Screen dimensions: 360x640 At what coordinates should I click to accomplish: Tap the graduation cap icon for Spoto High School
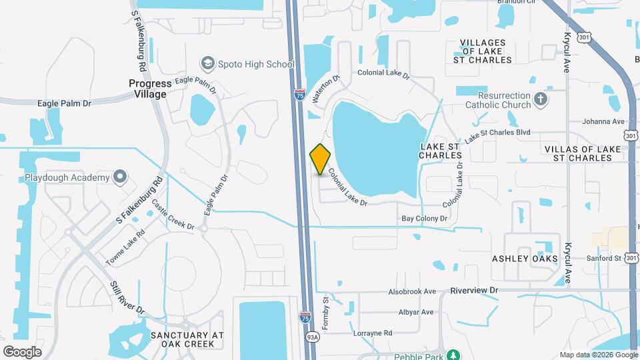tap(207, 64)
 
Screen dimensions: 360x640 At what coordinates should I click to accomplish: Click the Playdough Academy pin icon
tap(120, 177)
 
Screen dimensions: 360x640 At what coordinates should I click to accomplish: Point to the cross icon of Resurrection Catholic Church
tap(541, 100)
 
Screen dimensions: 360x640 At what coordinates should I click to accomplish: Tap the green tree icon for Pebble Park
tap(453, 355)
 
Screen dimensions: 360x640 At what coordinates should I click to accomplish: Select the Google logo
tap(22, 351)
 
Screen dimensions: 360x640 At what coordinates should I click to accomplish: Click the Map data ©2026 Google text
tap(597, 355)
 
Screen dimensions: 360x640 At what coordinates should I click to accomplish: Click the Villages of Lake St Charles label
tap(486, 51)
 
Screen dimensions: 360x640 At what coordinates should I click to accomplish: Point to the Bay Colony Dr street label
tap(424, 219)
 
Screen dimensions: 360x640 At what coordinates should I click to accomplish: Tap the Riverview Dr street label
tap(474, 291)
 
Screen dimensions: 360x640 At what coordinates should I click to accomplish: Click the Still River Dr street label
tap(127, 297)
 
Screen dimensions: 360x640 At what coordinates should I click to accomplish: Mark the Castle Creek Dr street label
tap(173, 215)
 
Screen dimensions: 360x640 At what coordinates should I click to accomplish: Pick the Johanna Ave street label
tap(603, 121)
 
